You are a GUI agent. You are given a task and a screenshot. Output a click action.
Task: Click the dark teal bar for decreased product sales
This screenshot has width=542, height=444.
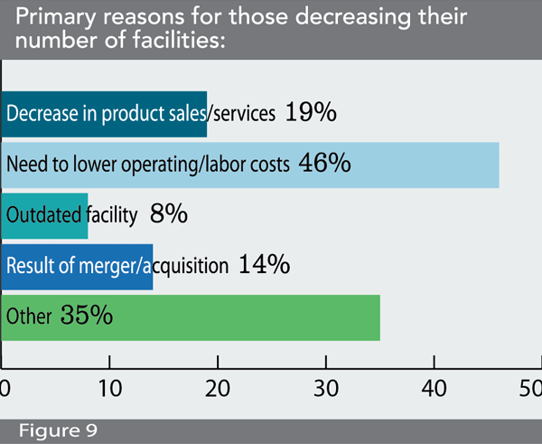104,113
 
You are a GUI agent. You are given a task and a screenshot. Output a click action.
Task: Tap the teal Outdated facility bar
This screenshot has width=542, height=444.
44,215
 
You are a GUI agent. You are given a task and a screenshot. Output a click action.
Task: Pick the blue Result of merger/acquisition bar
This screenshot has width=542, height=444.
77,266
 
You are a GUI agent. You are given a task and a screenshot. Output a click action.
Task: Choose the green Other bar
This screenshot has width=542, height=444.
191,316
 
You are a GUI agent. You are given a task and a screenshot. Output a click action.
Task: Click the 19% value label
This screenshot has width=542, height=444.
311,113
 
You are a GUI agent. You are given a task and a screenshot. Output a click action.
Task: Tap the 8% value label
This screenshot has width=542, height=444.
168,214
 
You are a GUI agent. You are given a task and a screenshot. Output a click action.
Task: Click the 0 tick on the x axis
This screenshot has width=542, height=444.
4,390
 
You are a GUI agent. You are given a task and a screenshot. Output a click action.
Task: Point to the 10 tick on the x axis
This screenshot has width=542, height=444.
109,390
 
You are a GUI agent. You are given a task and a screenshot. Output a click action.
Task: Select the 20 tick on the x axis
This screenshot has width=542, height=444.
218,390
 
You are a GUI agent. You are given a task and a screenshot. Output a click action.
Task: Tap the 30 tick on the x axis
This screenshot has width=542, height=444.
325,390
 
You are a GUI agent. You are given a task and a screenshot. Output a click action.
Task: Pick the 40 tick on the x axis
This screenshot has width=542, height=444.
434,390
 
